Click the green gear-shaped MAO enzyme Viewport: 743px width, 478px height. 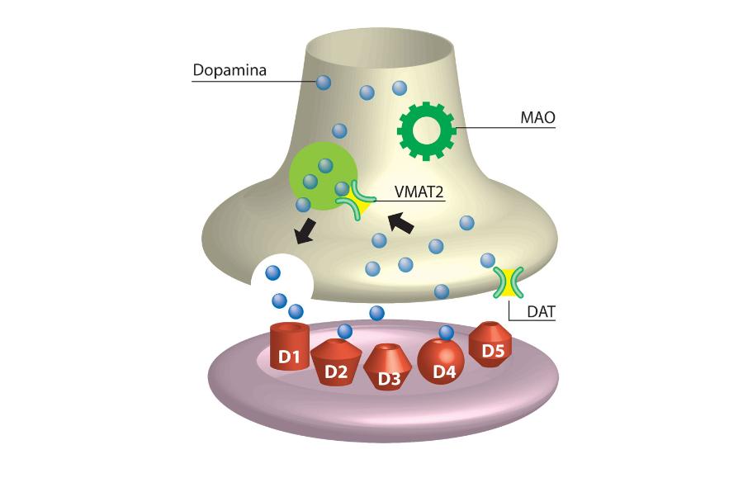point(426,128)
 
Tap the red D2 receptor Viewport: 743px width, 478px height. point(336,364)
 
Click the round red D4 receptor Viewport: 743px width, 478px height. point(443,364)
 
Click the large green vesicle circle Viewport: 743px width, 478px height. point(317,174)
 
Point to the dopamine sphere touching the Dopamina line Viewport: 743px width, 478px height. point(324,82)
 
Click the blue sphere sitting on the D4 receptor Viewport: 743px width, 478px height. point(447,333)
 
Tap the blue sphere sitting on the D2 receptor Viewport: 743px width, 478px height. point(345,331)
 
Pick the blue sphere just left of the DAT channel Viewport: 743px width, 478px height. point(487,261)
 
